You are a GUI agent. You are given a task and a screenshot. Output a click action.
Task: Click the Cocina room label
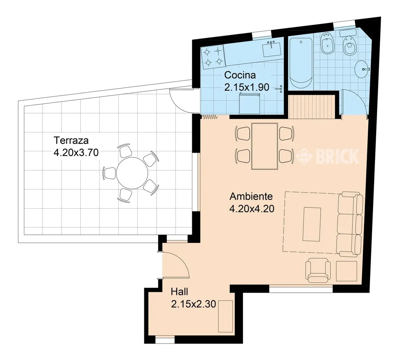point(240,75)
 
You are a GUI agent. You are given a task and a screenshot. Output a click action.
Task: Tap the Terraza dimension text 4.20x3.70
point(76,153)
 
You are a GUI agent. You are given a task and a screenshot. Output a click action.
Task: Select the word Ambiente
point(251,196)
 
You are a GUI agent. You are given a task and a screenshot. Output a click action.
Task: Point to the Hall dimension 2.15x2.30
point(193,304)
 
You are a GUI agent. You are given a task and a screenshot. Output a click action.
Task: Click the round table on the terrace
point(132,173)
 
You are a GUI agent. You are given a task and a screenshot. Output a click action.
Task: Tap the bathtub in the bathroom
point(301,63)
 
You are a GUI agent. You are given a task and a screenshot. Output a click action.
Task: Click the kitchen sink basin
point(271,50)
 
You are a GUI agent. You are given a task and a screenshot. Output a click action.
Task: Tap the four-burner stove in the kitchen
point(213,57)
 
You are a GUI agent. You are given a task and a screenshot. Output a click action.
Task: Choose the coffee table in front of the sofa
point(312,224)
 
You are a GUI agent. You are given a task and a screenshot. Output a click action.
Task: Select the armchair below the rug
point(318,270)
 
